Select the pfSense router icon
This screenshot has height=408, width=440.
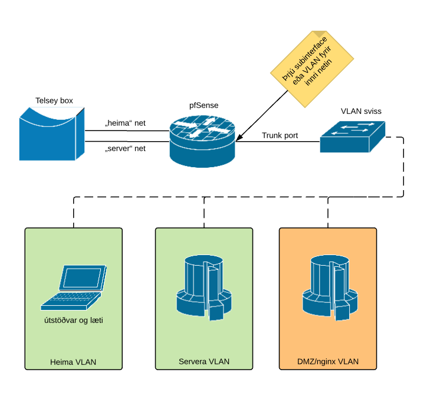[x=202, y=141]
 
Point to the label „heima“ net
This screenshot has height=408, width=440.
[x=125, y=123]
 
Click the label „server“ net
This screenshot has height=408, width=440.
[x=125, y=148]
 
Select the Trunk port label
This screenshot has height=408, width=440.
[x=280, y=135]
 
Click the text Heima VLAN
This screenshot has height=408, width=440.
[x=74, y=362]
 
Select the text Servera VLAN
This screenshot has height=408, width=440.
[x=204, y=361]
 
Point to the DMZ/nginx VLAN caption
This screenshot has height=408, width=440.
[x=328, y=361]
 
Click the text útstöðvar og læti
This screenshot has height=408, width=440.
[x=74, y=321]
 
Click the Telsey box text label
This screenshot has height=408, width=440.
[x=54, y=101]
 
